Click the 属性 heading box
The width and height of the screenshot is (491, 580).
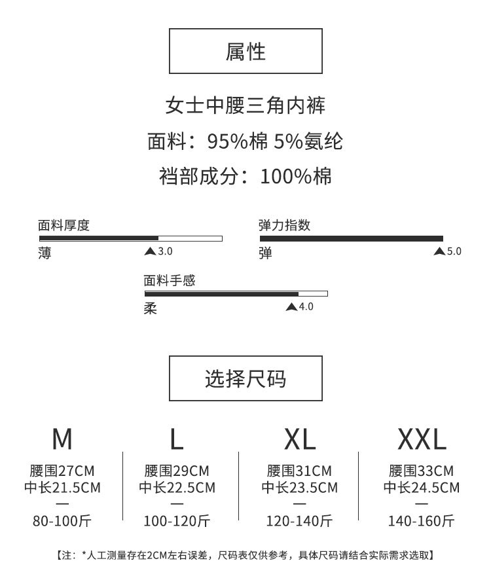click(245, 51)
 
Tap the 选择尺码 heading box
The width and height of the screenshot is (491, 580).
click(245, 378)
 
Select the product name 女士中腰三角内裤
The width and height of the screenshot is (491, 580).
click(245, 105)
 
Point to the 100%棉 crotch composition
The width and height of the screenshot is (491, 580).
click(296, 175)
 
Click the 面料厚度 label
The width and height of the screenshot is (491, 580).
click(64, 226)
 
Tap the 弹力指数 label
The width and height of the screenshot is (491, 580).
click(285, 226)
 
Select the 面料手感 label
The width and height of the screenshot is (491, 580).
click(170, 281)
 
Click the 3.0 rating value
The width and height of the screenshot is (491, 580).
click(166, 251)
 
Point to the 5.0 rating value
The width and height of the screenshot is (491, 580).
click(454, 251)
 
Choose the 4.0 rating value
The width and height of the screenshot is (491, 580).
click(306, 307)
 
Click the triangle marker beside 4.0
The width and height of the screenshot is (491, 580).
click(291, 307)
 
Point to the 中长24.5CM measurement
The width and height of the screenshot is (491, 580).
click(422, 488)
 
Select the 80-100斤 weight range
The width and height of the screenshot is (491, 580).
click(62, 521)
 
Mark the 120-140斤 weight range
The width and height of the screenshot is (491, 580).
click(300, 521)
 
